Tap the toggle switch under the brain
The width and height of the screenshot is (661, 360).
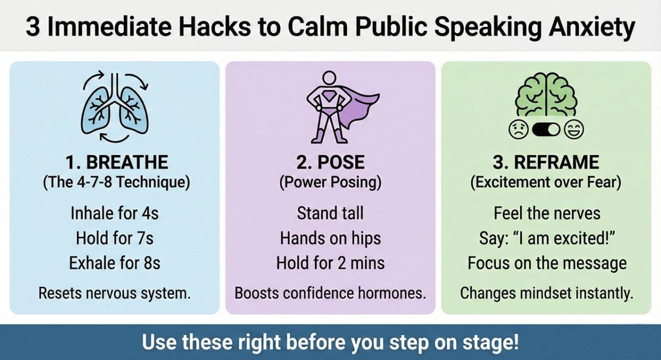coord(546,130)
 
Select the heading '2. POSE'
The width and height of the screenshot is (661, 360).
coord(330,163)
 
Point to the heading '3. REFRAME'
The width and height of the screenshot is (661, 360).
coord(546,163)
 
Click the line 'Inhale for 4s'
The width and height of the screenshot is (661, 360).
coord(115,212)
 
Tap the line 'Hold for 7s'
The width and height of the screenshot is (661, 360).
coord(115,238)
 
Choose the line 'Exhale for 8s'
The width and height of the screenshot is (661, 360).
coord(115,263)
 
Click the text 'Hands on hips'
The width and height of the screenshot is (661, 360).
coord(330,238)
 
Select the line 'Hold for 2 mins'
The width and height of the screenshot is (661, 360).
coord(330,263)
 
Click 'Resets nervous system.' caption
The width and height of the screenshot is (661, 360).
coord(115,293)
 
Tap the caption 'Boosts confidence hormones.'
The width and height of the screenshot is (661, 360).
coord(330,293)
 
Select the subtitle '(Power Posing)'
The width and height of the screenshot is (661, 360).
coord(330,183)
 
